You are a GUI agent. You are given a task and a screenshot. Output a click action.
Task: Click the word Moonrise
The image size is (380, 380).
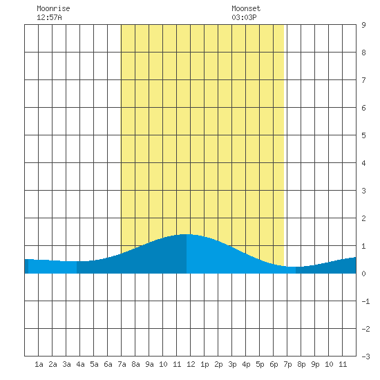pyautogui.click(x=53, y=8)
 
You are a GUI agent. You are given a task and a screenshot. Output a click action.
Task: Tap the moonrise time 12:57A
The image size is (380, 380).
pyautogui.click(x=49, y=17)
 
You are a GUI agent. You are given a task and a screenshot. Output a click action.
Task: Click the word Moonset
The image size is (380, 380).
pyautogui.click(x=246, y=8)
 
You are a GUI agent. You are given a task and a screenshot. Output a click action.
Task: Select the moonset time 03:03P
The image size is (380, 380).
pyautogui.click(x=244, y=17)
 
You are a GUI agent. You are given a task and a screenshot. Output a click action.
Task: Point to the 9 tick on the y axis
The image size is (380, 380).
pyautogui.click(x=363, y=25)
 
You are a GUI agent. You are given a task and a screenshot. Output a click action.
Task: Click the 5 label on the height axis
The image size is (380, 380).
pyautogui.click(x=363, y=135)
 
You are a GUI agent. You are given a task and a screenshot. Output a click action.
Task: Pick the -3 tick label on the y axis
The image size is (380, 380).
pyautogui.click(x=365, y=357)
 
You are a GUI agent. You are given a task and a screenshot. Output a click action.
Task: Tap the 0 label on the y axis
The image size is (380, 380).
pyautogui.click(x=363, y=274)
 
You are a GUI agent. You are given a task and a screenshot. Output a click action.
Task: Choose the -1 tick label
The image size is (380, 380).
pyautogui.click(x=365, y=301)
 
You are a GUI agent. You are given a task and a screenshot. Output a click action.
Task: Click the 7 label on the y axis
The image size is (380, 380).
pyautogui.click(x=363, y=80)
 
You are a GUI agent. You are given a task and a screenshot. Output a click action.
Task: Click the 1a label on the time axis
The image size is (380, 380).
pyautogui.click(x=39, y=364)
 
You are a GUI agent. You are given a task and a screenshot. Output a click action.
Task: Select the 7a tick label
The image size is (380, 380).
pyautogui.click(x=122, y=364)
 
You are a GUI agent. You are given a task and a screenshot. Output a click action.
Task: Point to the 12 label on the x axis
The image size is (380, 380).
pyautogui.click(x=191, y=364)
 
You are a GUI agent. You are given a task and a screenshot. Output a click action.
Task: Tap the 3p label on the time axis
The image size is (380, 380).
pyautogui.click(x=232, y=364)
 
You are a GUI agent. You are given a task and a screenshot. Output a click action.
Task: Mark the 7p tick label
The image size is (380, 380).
pyautogui.click(x=287, y=364)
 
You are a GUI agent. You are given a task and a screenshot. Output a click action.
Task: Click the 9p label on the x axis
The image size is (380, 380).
pyautogui.click(x=315, y=364)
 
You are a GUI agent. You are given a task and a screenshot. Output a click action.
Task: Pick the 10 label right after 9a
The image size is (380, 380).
pyautogui.click(x=163, y=364)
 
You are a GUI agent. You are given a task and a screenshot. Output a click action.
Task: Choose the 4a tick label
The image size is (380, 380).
pyautogui.click(x=80, y=364)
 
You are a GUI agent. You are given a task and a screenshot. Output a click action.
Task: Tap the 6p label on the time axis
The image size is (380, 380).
pyautogui.click(x=274, y=364)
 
